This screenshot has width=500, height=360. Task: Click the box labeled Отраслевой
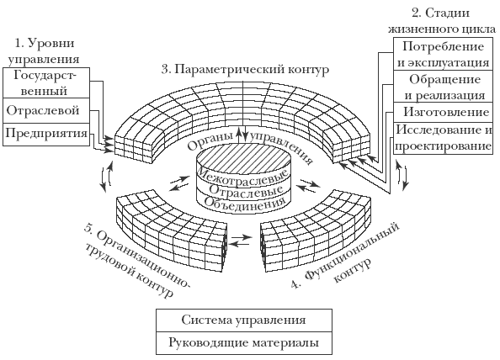(46, 110)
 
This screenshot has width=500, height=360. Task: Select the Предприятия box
(46, 135)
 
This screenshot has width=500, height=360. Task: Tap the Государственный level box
(46, 82)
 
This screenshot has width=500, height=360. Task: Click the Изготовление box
(444, 112)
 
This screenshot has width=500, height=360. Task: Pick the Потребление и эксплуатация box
(444, 55)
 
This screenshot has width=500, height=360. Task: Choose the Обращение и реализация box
(444, 87)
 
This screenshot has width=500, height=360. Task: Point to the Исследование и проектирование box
(444, 138)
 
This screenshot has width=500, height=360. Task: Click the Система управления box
(244, 320)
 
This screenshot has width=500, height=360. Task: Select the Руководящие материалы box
(244, 343)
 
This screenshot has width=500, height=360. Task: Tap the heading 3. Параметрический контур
(245, 69)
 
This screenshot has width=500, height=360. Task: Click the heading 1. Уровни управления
(44, 51)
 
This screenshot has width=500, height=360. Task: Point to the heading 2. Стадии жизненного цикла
(442, 21)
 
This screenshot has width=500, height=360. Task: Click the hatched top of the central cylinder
(244, 159)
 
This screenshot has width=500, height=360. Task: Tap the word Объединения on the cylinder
(244, 203)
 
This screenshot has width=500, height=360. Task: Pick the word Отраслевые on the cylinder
(246, 190)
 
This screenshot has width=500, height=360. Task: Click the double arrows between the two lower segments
(241, 241)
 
